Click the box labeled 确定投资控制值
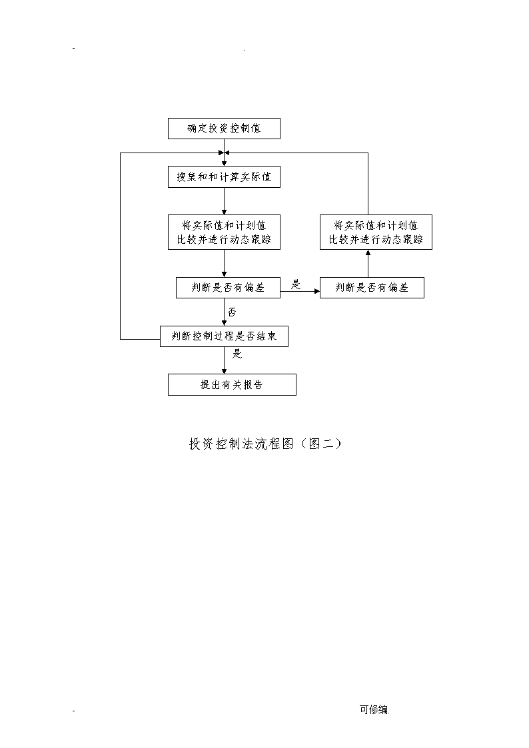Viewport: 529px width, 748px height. (x=224, y=129)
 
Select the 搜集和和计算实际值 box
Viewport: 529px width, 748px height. (x=224, y=177)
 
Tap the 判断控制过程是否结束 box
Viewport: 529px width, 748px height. (x=224, y=336)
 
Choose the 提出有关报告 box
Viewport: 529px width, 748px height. (x=232, y=384)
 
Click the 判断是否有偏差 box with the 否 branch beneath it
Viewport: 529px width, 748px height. (x=228, y=288)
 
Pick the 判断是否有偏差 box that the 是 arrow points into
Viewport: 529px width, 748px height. (x=372, y=288)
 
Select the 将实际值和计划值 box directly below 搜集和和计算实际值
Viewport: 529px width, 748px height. (x=224, y=232)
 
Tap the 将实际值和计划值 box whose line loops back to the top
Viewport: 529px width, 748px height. (x=376, y=232)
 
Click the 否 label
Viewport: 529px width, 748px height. (x=232, y=312)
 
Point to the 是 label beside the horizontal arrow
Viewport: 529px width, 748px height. (x=296, y=285)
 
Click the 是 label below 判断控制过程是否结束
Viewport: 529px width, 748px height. (x=237, y=354)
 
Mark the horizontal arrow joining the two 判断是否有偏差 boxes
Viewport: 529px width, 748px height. (x=300, y=291)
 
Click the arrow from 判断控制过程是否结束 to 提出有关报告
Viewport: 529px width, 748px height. (x=225, y=360)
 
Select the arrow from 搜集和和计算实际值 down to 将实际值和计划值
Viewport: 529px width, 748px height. (x=225, y=201)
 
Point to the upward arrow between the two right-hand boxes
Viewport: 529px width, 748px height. (x=368, y=263)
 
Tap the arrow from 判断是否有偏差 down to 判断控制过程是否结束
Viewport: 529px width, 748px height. (x=225, y=312)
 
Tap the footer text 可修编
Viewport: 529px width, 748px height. (x=374, y=709)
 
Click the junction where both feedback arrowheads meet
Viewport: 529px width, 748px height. (x=225, y=153)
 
